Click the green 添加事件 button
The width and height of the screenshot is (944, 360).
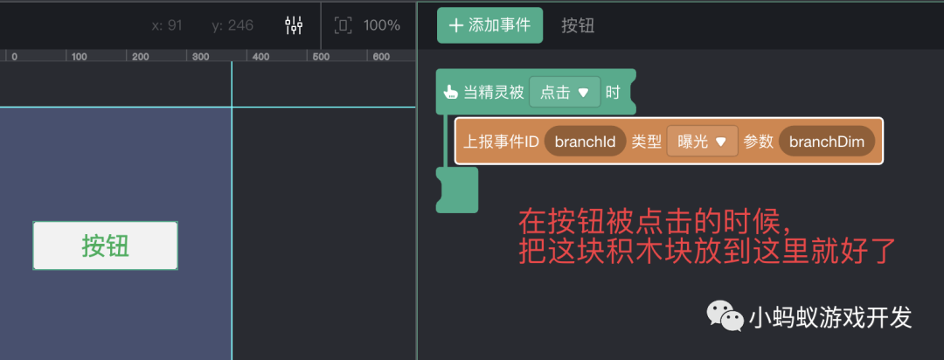click(x=489, y=25)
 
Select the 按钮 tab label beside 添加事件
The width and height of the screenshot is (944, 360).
click(x=578, y=25)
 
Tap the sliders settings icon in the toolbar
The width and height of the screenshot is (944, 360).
click(x=294, y=25)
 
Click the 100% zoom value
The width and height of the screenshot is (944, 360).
click(x=382, y=25)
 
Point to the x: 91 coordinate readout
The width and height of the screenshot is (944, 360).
click(x=167, y=25)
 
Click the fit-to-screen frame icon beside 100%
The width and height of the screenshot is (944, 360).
click(x=344, y=25)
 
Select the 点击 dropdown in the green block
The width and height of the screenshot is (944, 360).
click(x=565, y=92)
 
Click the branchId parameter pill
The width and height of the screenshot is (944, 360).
click(x=585, y=142)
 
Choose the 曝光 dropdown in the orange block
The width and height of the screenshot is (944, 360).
click(x=703, y=142)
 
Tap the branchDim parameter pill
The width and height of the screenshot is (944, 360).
click(x=827, y=142)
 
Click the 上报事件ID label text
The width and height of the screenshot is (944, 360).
click(x=501, y=142)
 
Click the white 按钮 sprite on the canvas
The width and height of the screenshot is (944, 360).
click(x=106, y=246)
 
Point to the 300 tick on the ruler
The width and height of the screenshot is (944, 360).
click(x=200, y=57)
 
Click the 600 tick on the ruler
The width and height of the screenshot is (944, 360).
click(x=380, y=57)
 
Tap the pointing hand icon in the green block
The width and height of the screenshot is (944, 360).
click(x=451, y=92)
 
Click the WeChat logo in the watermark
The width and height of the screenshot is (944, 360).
click(x=725, y=315)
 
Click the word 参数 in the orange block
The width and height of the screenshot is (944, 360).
click(x=759, y=142)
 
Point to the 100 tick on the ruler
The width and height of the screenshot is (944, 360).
click(x=79, y=57)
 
